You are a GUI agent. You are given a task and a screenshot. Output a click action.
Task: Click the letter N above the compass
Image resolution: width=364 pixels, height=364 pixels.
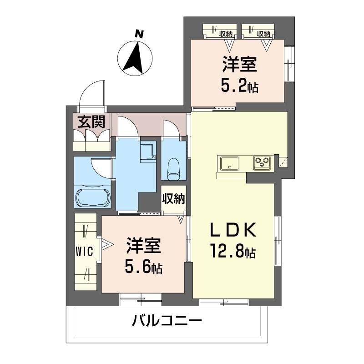(139, 34)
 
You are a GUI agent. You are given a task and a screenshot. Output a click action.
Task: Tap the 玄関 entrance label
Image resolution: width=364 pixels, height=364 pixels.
(91, 121)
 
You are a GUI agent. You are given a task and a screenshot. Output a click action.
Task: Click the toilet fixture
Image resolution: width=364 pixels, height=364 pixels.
(173, 169)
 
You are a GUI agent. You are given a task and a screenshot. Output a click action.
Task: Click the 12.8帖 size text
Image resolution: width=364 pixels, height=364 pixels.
(232, 251)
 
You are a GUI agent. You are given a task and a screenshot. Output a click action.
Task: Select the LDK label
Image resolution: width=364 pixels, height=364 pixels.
(233, 230)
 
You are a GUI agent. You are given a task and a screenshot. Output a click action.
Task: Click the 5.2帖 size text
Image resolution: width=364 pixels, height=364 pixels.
(239, 86)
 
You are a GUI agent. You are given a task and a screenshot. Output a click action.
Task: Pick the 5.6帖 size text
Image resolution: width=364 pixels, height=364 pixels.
(144, 268)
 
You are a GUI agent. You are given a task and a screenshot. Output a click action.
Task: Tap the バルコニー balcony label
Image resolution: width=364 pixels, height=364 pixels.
(167, 322)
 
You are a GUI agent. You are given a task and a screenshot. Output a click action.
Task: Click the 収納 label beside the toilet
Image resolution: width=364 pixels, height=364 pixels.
(173, 198)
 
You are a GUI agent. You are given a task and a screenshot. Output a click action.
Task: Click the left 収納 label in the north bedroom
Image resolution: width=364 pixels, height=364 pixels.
(226, 33)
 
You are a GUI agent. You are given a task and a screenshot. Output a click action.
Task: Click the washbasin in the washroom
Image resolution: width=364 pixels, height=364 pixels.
(147, 152)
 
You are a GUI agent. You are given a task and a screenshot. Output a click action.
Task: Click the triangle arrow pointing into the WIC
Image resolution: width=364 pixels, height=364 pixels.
(105, 245)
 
